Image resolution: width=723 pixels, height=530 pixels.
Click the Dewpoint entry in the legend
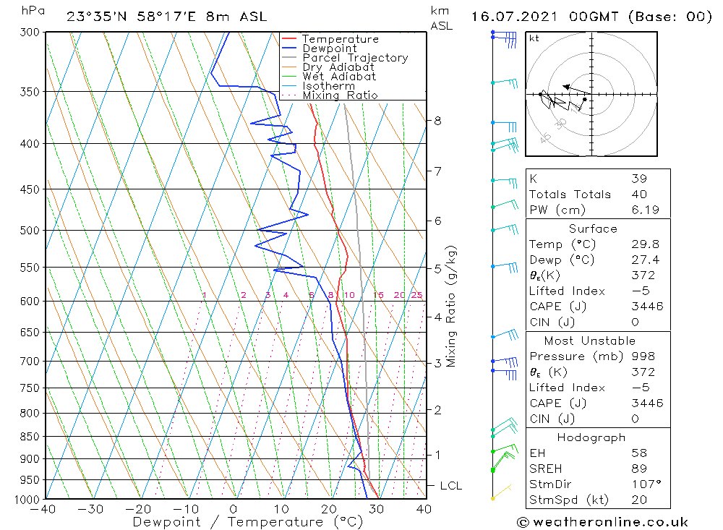coord(329,48)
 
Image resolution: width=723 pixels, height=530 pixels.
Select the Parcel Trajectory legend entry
coord(354,58)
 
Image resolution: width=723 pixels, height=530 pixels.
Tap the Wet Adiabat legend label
coord(338,77)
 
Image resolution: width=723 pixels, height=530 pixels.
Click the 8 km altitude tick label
coord(437,121)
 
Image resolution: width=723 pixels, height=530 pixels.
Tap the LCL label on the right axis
coord(450,486)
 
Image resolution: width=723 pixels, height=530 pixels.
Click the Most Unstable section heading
coord(591,341)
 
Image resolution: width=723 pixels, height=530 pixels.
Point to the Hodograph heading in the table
coord(591,437)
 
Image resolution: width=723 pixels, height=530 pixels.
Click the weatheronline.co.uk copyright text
coord(602,521)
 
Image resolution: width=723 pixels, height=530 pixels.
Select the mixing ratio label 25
coord(416,295)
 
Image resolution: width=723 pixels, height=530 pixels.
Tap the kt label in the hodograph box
coord(534,38)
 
